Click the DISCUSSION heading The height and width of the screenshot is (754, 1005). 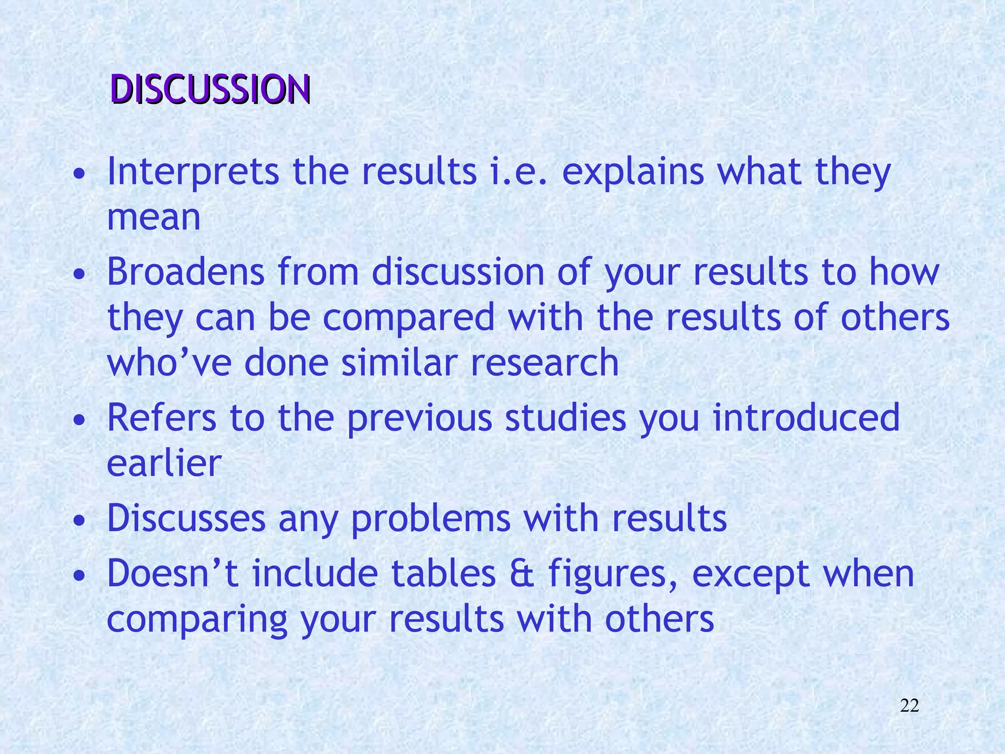pyautogui.click(x=211, y=90)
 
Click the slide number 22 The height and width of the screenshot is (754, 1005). pyautogui.click(x=909, y=706)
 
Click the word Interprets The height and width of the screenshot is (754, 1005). pyautogui.click(x=193, y=172)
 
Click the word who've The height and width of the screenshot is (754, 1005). pyautogui.click(x=169, y=362)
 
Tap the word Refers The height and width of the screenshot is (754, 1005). pyautogui.click(x=161, y=417)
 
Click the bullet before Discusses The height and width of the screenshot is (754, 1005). pyautogui.click(x=79, y=522)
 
